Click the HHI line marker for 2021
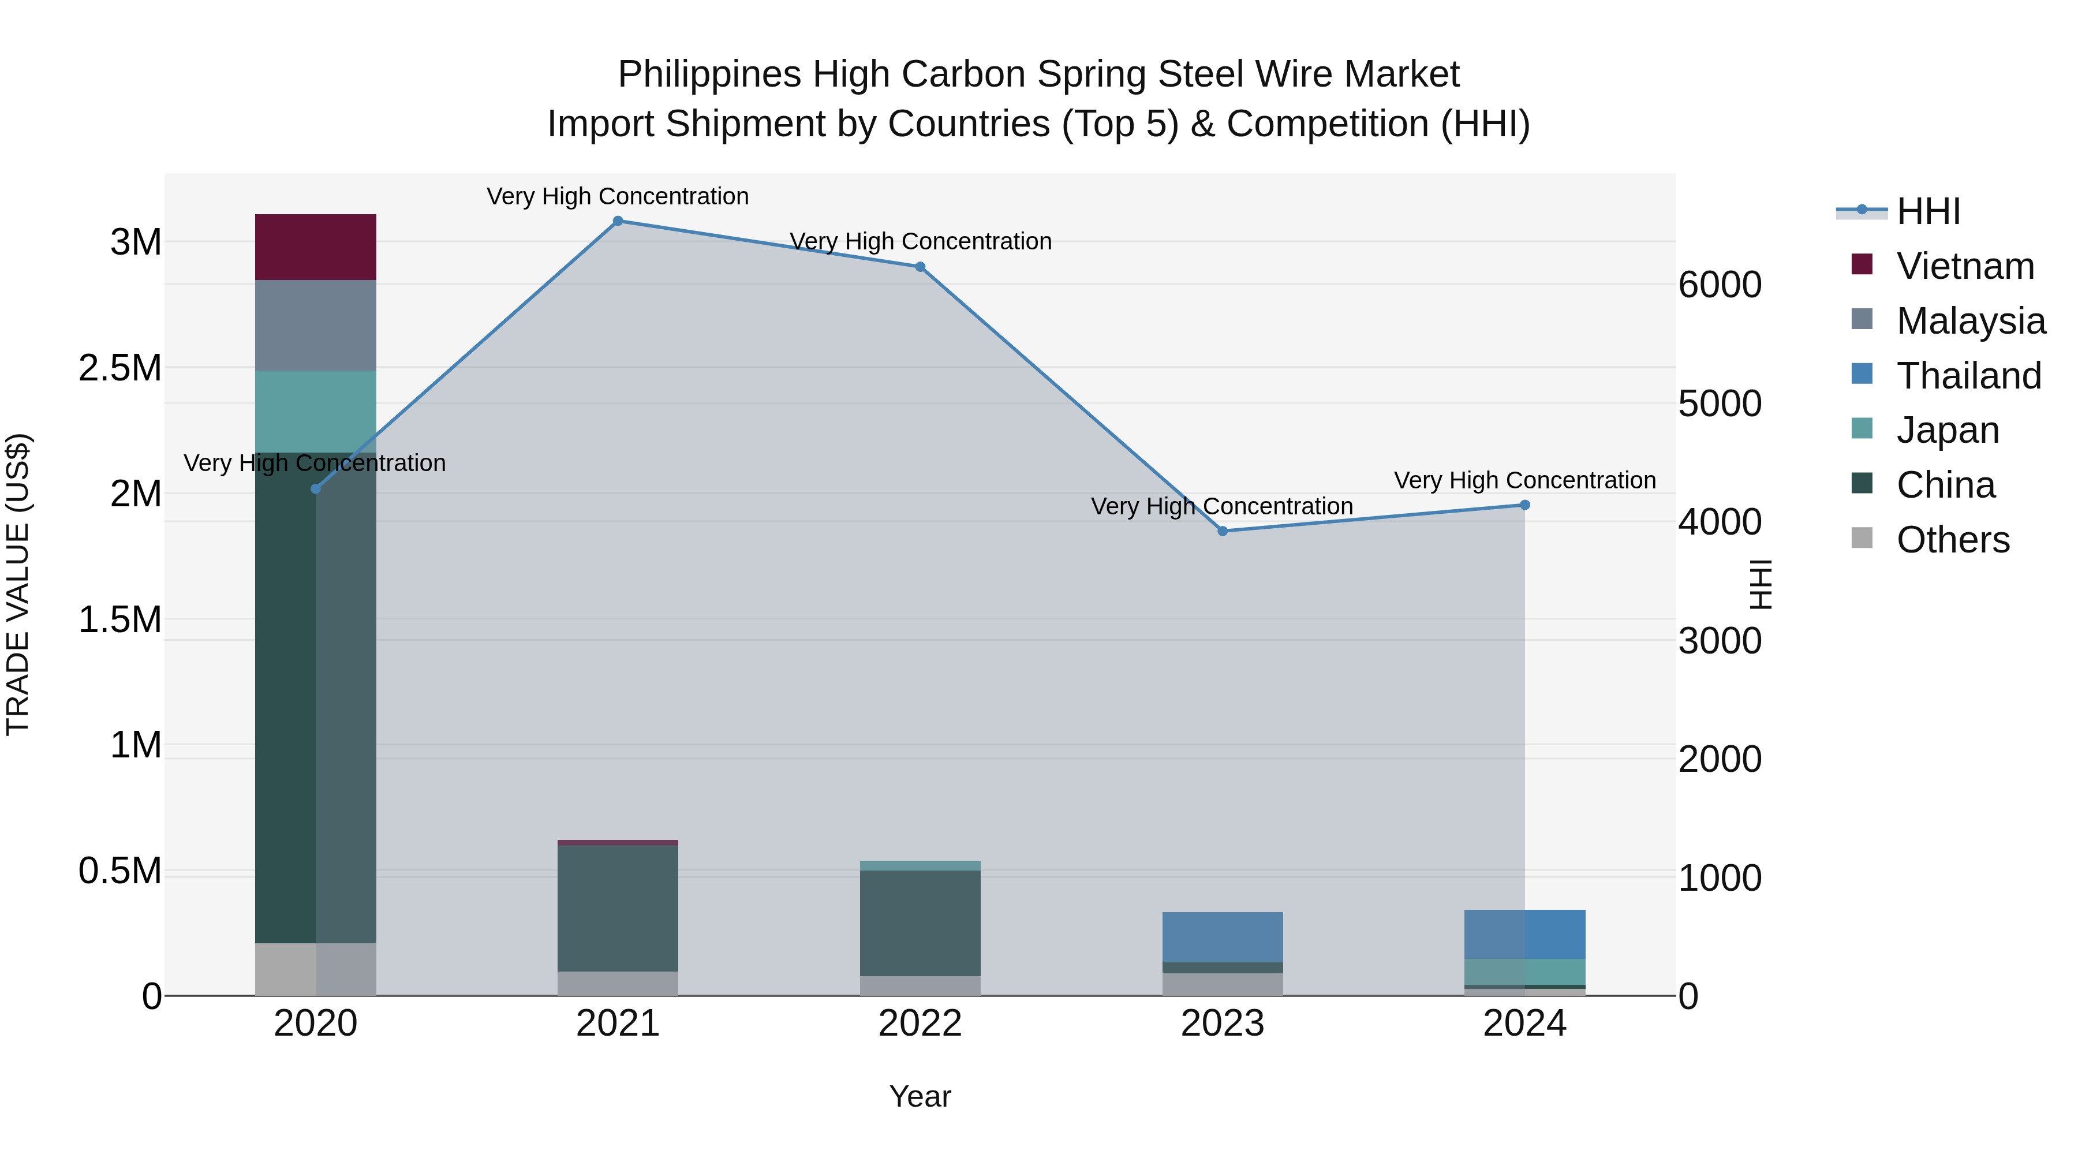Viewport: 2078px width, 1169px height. click(x=618, y=221)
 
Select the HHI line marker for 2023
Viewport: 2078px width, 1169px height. click(x=1222, y=531)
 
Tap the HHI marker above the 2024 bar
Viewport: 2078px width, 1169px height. click(x=1524, y=505)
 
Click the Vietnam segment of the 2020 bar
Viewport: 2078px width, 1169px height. click(x=315, y=247)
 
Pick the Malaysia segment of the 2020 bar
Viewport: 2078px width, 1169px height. click(x=315, y=325)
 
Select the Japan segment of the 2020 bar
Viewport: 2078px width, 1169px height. click(x=315, y=412)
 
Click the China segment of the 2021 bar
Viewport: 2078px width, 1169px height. click(x=618, y=909)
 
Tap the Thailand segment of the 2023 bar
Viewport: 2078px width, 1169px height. click(x=1222, y=937)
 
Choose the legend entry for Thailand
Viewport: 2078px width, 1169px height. click(x=1968, y=376)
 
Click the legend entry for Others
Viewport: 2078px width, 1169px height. click(x=1952, y=540)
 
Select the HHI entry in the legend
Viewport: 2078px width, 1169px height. click(x=1928, y=211)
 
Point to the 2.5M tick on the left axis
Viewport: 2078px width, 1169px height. click(x=120, y=368)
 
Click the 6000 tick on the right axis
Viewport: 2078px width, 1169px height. click(x=1720, y=285)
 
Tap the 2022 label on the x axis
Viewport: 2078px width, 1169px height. click(x=920, y=1024)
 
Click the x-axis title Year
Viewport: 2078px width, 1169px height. click(x=920, y=1096)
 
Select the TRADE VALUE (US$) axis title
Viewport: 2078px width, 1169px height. click(x=18, y=584)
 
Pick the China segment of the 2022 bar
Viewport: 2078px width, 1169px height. click(x=920, y=923)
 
